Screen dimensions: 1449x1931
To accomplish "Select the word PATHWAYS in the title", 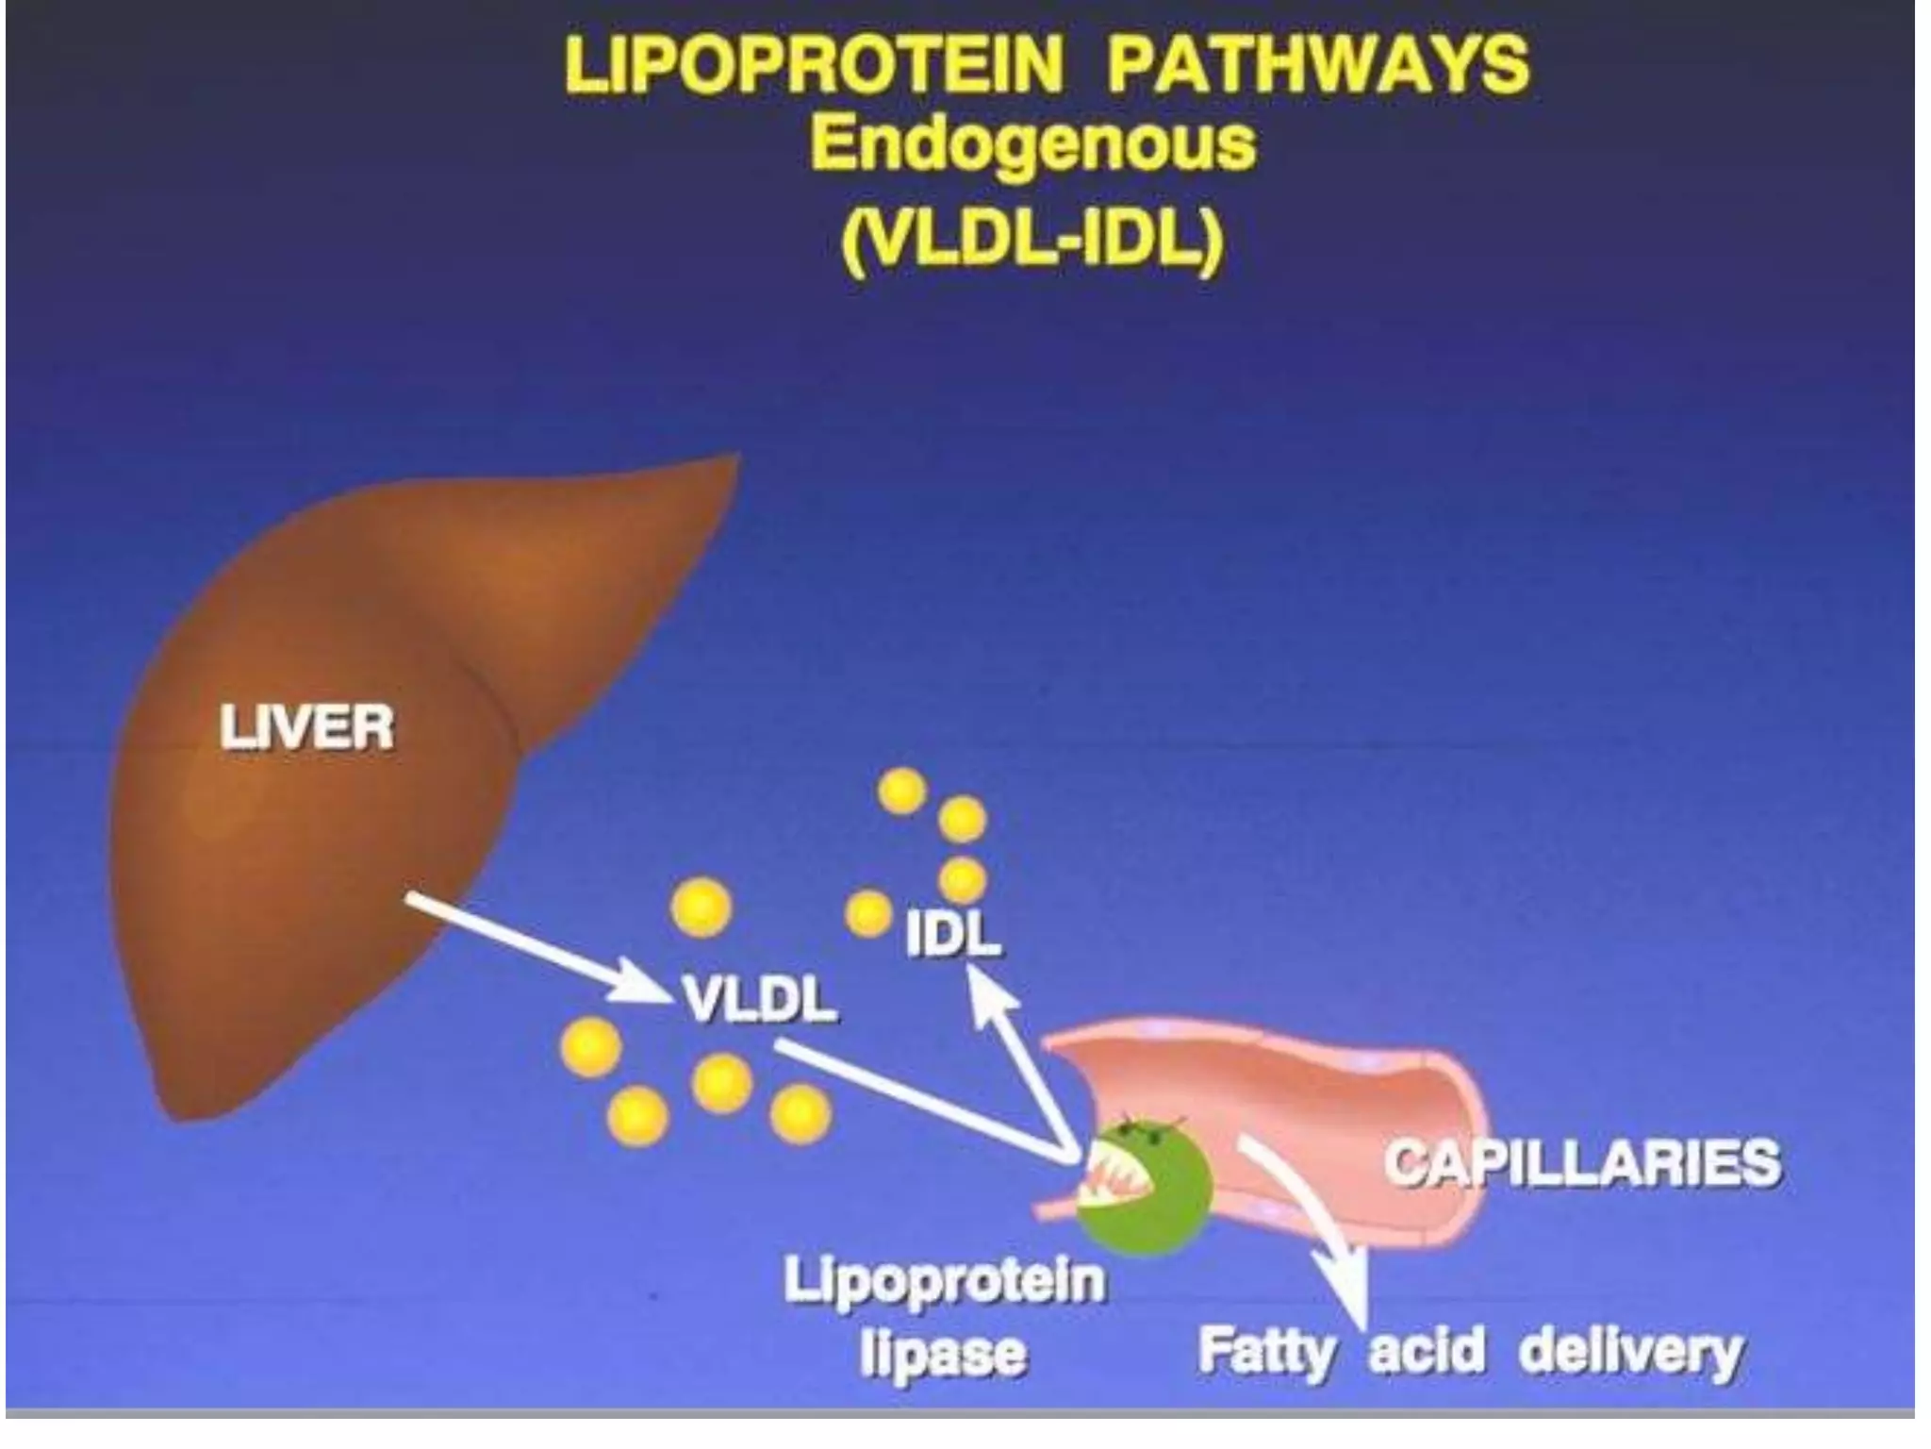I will [x=1317, y=65].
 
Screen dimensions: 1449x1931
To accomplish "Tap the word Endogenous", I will [x=1033, y=143].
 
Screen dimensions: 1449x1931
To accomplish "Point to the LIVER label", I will [x=306, y=728].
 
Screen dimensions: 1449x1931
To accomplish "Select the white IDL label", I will [x=952, y=935].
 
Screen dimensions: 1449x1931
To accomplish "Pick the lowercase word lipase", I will [x=942, y=1355].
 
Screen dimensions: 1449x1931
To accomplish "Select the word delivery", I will [x=1630, y=1353].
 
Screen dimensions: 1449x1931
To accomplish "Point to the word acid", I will [x=1426, y=1350].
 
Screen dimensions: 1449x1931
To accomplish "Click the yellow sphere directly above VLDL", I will [x=701, y=908].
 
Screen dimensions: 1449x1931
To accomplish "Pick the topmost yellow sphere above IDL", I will [x=902, y=791].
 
